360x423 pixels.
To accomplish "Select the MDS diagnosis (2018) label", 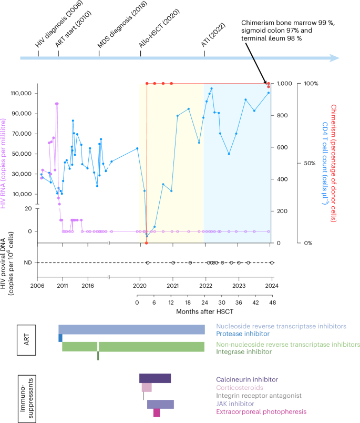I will click(x=116, y=27).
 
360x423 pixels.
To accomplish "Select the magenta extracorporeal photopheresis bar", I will click(x=157, y=413).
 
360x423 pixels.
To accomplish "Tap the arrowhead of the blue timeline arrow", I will click(x=335, y=58).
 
